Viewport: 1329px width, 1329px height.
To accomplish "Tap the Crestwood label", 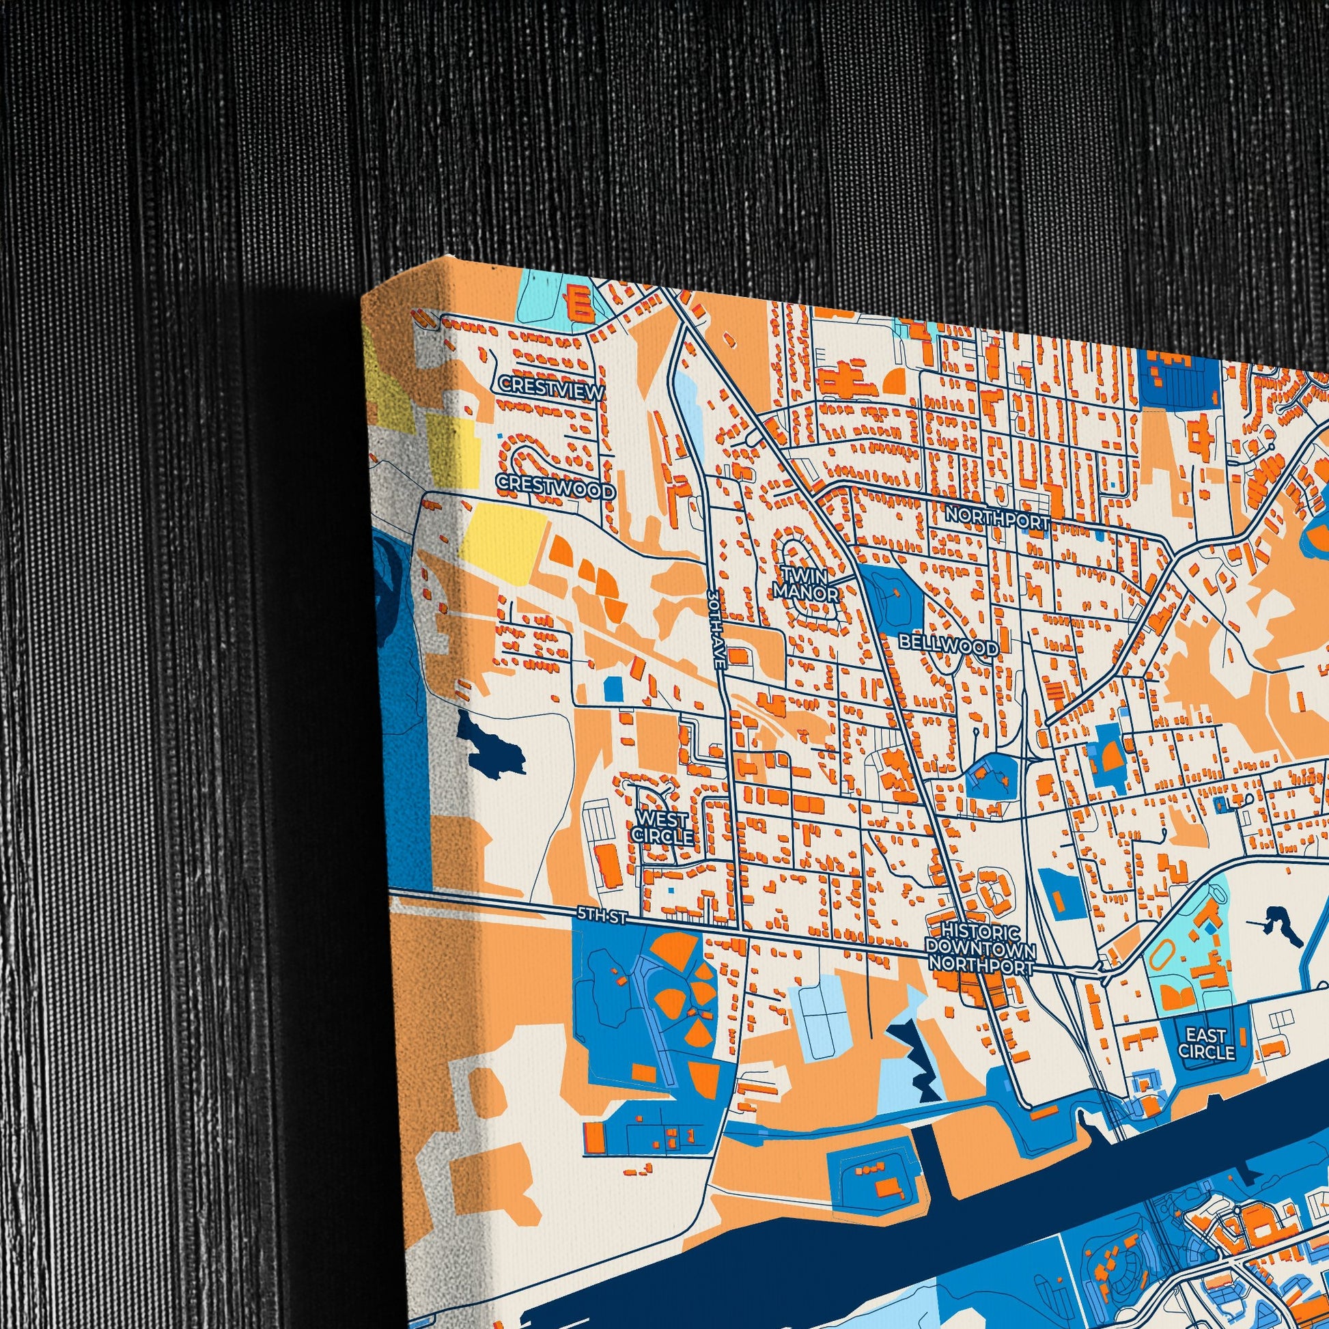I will click(x=556, y=486).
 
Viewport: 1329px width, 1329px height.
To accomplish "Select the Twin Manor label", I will click(x=806, y=583).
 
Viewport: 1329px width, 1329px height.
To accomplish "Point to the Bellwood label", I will click(x=949, y=646).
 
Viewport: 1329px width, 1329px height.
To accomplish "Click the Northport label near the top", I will click(x=997, y=516).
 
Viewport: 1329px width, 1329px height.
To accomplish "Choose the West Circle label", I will click(x=662, y=828).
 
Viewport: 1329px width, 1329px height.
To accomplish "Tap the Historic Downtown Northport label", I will click(x=980, y=948).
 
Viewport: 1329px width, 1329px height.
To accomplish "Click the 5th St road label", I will click(x=601, y=916).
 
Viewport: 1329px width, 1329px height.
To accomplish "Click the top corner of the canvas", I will click(x=451, y=258).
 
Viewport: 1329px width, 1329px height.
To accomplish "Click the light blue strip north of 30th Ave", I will click(x=689, y=400).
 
